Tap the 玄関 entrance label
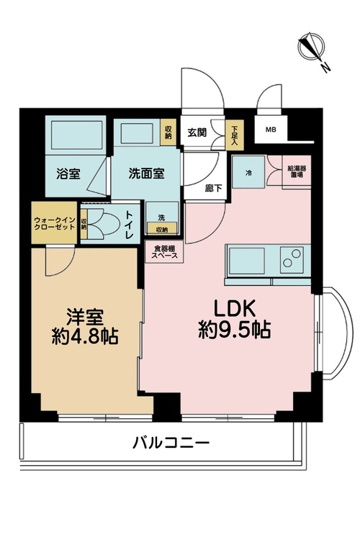(x=197, y=132)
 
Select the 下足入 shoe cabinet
(x=234, y=135)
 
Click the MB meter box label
(x=271, y=130)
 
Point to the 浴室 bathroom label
(x=68, y=174)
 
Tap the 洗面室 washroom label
(x=146, y=174)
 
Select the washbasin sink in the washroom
(x=137, y=133)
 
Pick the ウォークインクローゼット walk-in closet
(x=54, y=222)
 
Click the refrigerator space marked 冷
(x=248, y=172)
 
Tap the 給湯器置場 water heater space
(x=297, y=171)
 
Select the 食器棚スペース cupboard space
(x=164, y=252)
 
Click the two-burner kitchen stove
(x=292, y=260)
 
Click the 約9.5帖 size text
(x=234, y=330)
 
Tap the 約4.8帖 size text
(x=85, y=336)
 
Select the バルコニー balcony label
(x=171, y=443)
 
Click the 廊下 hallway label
(x=213, y=188)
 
